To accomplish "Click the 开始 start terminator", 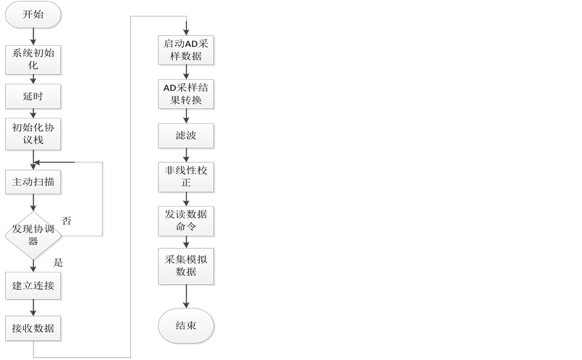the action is tap(34, 15).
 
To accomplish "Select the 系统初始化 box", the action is tap(34, 59).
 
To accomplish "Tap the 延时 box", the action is tap(34, 97).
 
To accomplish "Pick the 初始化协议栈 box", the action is tap(34, 134).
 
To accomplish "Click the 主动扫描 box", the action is tap(34, 182).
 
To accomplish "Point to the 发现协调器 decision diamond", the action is tap(34, 236).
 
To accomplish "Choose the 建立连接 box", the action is tap(34, 285).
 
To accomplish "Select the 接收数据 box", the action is tap(34, 329).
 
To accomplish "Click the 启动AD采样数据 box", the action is tap(187, 50).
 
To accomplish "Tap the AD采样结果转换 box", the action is tap(187, 94).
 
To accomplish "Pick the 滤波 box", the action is tap(187, 135).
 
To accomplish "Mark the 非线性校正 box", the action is tap(187, 176).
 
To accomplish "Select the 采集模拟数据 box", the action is tap(187, 265).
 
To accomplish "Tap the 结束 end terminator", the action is tap(187, 326).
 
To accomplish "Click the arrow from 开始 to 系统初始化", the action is tap(34, 36).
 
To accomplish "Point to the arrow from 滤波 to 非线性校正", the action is tap(187, 155).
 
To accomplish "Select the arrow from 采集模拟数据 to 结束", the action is tap(187, 298).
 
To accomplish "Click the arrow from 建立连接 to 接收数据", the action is tap(34, 307).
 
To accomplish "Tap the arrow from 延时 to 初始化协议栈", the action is tap(34, 114).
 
